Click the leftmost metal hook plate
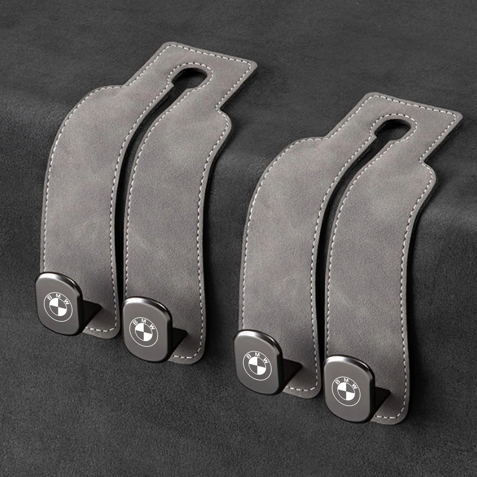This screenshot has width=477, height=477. pos(59,304)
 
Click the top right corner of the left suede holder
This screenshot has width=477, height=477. pos(255,64)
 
